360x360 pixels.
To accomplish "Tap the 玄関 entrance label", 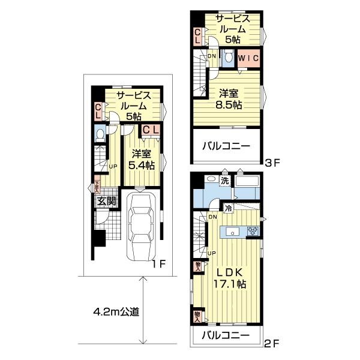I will pos(105,201).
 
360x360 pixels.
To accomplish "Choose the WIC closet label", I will pos(248,59).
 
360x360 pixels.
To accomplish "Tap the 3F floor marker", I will pos(272,161).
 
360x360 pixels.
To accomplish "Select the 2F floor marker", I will pos(272,344).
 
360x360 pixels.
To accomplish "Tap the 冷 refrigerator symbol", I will pos(229,208).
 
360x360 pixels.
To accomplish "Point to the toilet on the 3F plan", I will pos(228,58).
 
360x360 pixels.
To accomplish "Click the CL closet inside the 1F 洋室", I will pos(150,129).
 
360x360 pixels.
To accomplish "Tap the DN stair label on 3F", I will pos(211,56).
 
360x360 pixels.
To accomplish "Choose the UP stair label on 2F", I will pos(211,253).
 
